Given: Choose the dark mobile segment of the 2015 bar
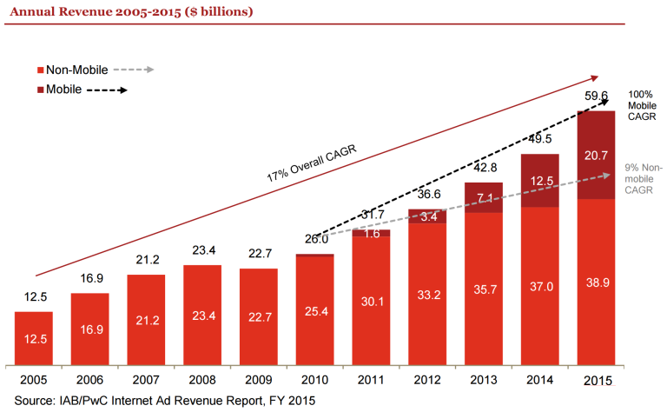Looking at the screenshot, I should pos(597,155).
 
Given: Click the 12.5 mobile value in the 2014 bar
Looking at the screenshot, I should pos(540,180).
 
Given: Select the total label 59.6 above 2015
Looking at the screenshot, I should pos(596,96).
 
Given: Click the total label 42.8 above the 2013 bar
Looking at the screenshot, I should pos(485,168).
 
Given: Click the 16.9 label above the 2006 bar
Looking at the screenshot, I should pos(90,280).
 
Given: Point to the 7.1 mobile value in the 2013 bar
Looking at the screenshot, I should pos(485,197).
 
